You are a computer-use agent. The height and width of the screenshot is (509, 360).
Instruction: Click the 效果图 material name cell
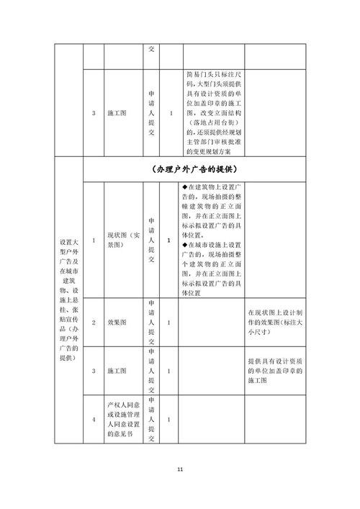[117, 323]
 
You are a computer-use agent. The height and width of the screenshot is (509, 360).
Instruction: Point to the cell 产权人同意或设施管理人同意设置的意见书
[126, 420]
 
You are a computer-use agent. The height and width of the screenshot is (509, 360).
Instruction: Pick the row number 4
[94, 420]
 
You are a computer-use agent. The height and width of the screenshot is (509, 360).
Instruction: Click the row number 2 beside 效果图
[94, 323]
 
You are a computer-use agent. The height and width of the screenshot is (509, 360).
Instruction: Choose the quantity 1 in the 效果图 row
[168, 323]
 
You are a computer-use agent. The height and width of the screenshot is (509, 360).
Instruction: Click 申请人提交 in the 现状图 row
[151, 240]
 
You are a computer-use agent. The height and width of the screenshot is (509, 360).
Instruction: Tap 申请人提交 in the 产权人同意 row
[151, 420]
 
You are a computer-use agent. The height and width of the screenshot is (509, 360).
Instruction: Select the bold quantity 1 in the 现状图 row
[168, 240]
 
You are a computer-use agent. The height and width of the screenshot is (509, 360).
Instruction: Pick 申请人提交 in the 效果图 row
[151, 323]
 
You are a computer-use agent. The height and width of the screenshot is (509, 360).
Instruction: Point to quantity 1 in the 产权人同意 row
[168, 420]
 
